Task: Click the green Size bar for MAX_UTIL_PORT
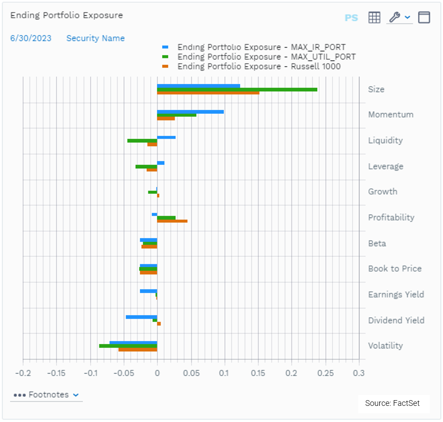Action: tap(237, 89)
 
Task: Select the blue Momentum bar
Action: tap(190, 112)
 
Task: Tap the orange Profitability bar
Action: tap(172, 221)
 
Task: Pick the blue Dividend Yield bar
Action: tap(141, 317)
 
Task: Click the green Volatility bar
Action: tap(128, 346)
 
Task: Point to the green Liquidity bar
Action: tap(142, 141)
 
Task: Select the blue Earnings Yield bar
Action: tap(148, 291)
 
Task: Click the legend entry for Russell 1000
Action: tap(259, 66)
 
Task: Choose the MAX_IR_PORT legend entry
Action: tap(261, 47)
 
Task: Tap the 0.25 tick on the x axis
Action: tap(325, 374)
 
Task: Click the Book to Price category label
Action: tap(395, 269)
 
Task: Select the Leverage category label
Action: tap(385, 166)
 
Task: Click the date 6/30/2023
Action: tap(31, 38)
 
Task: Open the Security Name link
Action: tap(95, 38)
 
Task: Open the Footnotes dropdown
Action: tap(46, 395)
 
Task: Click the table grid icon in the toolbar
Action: tap(374, 17)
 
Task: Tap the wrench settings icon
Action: tap(394, 17)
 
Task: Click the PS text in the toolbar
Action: tap(351, 18)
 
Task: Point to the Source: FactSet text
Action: tap(392, 403)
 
